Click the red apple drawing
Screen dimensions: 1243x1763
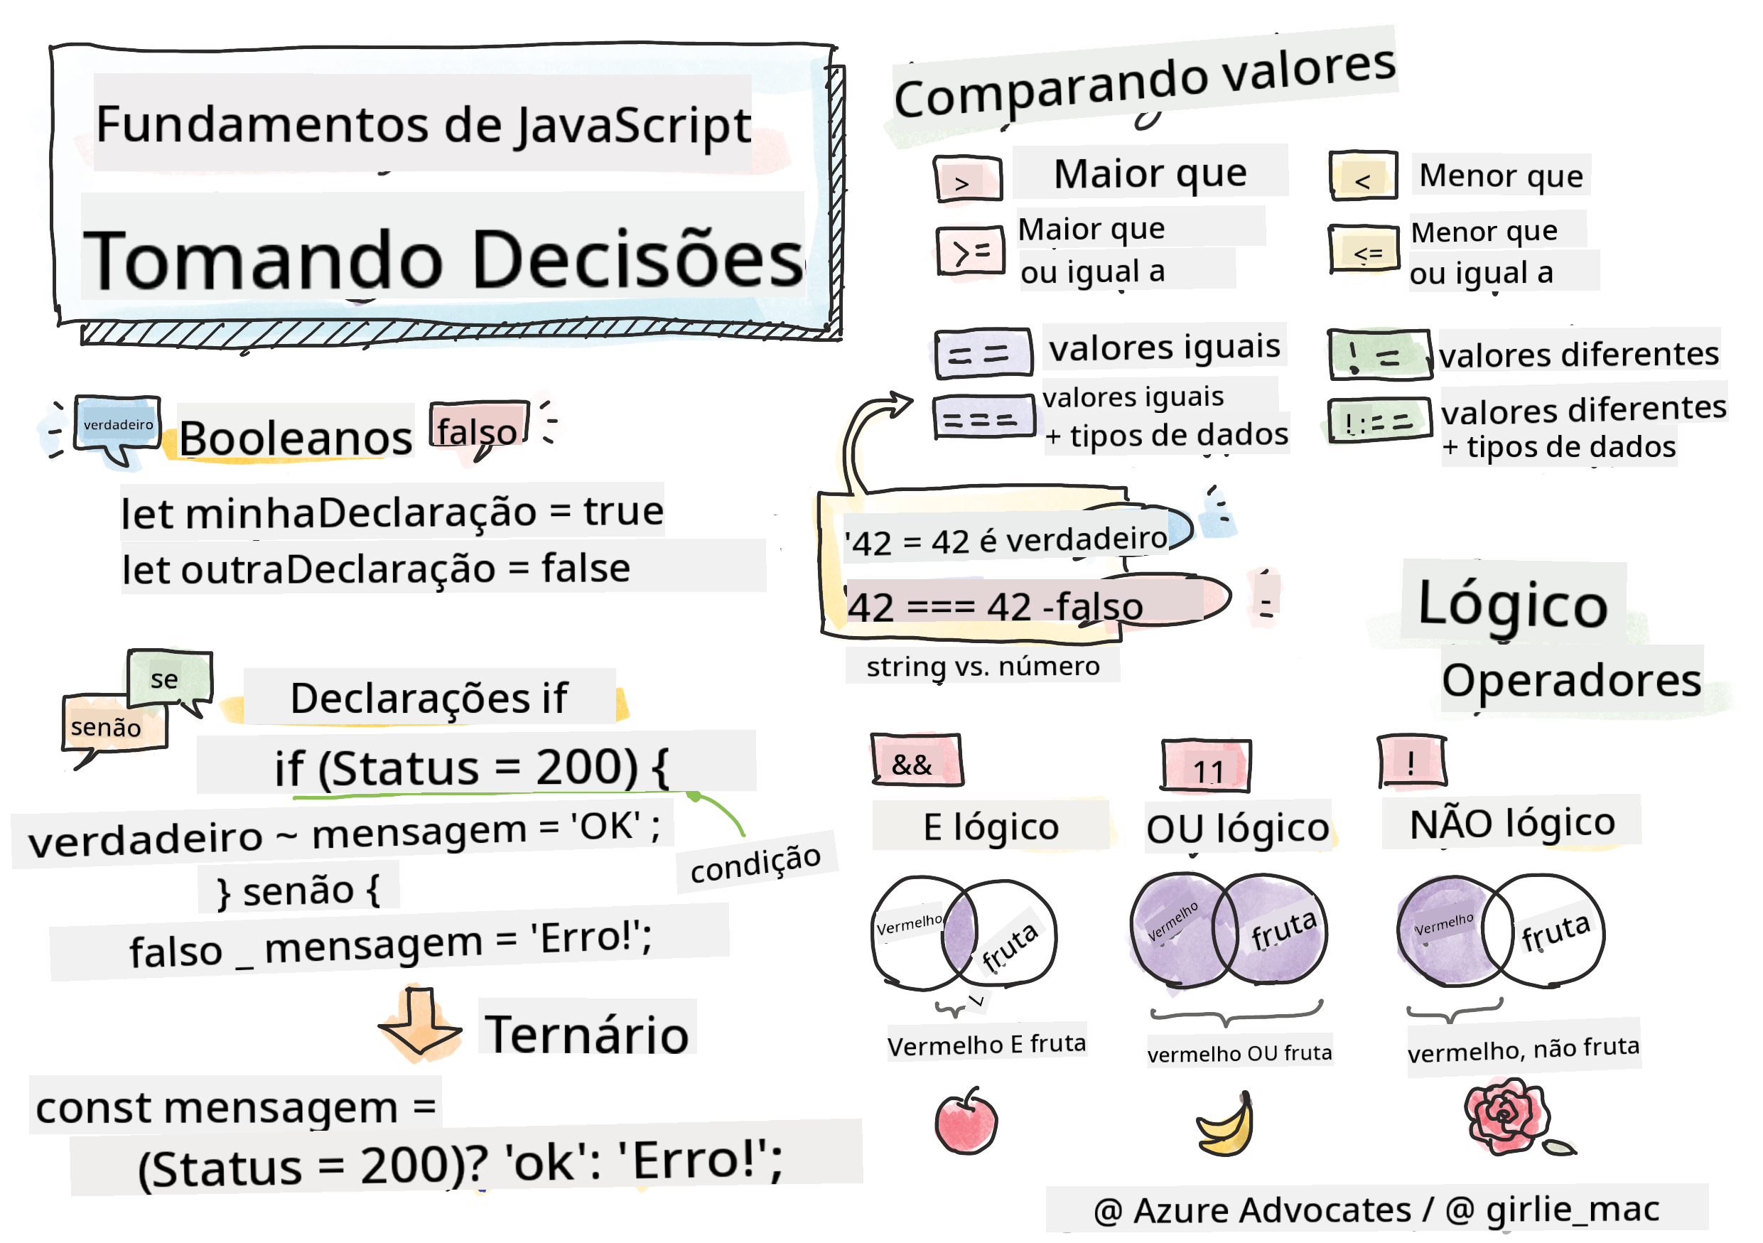coord(965,1121)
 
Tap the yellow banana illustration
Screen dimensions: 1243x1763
coord(1226,1126)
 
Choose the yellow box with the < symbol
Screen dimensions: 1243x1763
coord(1363,176)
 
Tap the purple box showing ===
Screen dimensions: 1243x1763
coord(983,417)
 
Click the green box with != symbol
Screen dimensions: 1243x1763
coord(1379,355)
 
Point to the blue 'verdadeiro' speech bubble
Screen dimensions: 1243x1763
coord(117,424)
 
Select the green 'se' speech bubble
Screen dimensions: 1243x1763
coord(169,679)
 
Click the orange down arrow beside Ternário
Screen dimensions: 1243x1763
coord(420,1025)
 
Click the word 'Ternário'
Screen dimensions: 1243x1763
coord(587,1033)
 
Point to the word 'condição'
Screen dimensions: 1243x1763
coord(755,862)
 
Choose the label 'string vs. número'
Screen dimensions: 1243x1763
coord(983,666)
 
